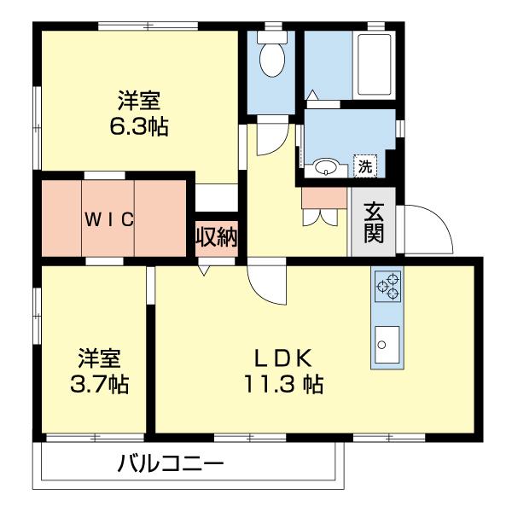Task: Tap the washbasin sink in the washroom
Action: [325, 167]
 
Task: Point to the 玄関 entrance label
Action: [374, 222]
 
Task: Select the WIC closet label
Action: [108, 219]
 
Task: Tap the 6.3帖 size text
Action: [138, 127]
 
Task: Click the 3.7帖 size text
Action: [99, 384]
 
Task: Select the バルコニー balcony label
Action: [170, 465]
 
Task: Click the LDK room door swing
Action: [267, 286]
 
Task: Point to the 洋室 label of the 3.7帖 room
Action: [99, 357]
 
